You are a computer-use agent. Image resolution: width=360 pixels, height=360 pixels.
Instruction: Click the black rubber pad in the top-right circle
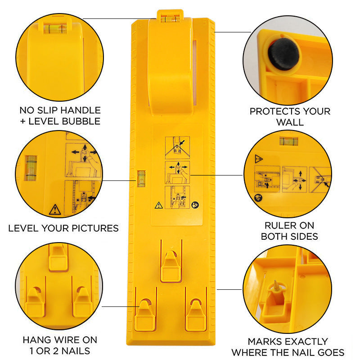click(x=283, y=54)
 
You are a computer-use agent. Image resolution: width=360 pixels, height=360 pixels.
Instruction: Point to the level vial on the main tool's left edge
click(x=141, y=178)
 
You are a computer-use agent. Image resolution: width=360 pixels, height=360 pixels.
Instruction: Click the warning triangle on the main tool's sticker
click(x=158, y=206)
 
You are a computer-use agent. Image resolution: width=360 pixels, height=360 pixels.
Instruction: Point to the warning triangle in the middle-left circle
click(x=54, y=209)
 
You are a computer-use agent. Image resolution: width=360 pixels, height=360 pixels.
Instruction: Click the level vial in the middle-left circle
click(x=31, y=168)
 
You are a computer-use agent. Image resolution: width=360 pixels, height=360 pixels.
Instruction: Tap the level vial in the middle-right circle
click(x=288, y=141)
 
